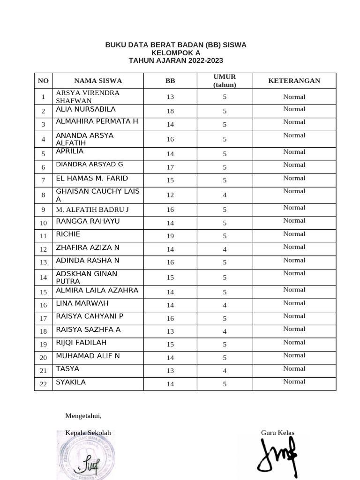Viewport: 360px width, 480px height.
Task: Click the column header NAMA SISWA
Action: [97, 81]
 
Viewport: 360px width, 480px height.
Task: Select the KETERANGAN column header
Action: [294, 81]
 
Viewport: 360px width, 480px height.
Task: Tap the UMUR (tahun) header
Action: [225, 81]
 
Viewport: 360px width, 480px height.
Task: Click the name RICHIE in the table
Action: [68, 234]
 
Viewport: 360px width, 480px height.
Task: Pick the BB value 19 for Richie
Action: [170, 236]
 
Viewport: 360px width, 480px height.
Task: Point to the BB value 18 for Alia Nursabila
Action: [170, 111]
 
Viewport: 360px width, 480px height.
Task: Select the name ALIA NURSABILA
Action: [86, 109]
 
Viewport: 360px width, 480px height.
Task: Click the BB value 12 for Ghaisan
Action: [170, 195]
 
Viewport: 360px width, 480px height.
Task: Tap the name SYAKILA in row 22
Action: [71, 382]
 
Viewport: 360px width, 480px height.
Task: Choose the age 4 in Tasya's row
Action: [225, 371]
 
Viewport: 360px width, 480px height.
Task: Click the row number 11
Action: [43, 236]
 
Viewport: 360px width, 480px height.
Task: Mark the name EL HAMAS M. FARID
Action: [92, 178]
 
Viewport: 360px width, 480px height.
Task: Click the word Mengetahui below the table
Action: [83, 416]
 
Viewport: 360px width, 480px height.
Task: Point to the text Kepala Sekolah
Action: [88, 433]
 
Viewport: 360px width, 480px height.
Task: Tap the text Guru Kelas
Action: [277, 433]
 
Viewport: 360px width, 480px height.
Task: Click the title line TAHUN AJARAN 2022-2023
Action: [176, 60]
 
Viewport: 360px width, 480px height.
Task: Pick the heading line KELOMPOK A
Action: [176, 53]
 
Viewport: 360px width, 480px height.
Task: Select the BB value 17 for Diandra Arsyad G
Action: [170, 167]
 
